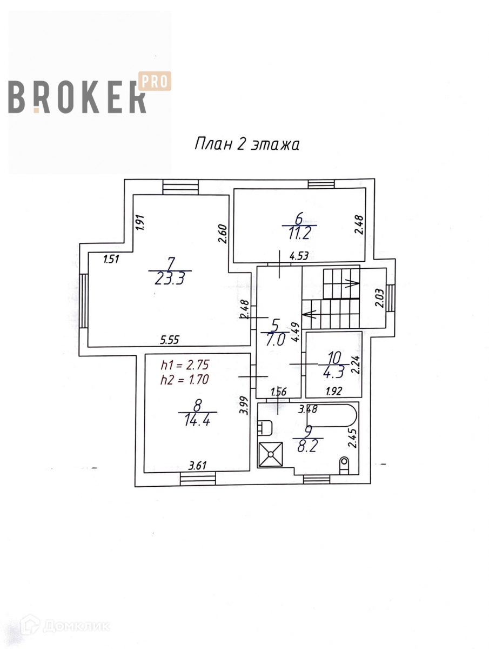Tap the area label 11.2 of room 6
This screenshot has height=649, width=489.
(x=299, y=234)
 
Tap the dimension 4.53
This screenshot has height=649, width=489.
(x=298, y=257)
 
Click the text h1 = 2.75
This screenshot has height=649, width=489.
(x=184, y=364)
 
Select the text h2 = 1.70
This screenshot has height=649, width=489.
(x=184, y=380)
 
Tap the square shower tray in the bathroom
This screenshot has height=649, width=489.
(x=271, y=454)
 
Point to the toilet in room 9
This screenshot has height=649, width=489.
(x=344, y=464)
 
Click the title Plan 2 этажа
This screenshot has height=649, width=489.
(x=246, y=144)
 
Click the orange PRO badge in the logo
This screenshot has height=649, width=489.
(x=156, y=81)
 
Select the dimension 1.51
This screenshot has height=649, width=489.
(x=111, y=259)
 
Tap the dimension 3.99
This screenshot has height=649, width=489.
(x=244, y=406)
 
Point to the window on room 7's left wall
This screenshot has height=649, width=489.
(x=84, y=301)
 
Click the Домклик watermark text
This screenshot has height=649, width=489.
(x=76, y=626)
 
